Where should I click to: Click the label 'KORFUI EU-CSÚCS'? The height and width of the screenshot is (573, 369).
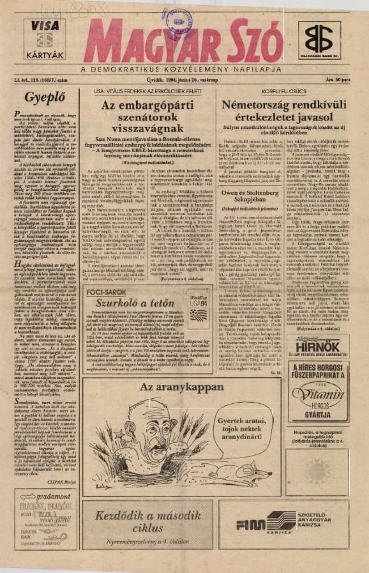click(x=278, y=91)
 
